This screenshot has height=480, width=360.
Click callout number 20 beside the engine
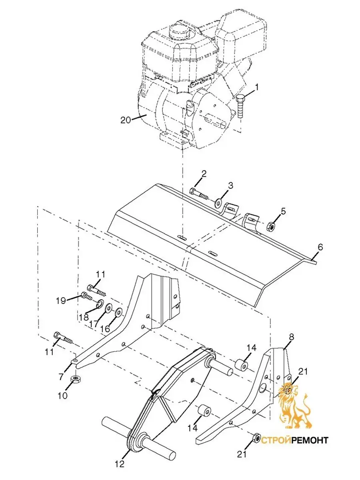coord(126,120)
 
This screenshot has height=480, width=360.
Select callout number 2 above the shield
coord(204,174)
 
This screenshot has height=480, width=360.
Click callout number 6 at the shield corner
coord(320,247)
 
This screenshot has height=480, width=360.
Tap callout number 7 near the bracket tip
coord(61,376)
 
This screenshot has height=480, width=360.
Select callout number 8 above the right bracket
coord(292,337)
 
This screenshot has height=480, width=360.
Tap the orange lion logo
coord(294,403)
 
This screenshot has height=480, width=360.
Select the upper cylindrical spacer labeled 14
coord(241,364)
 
